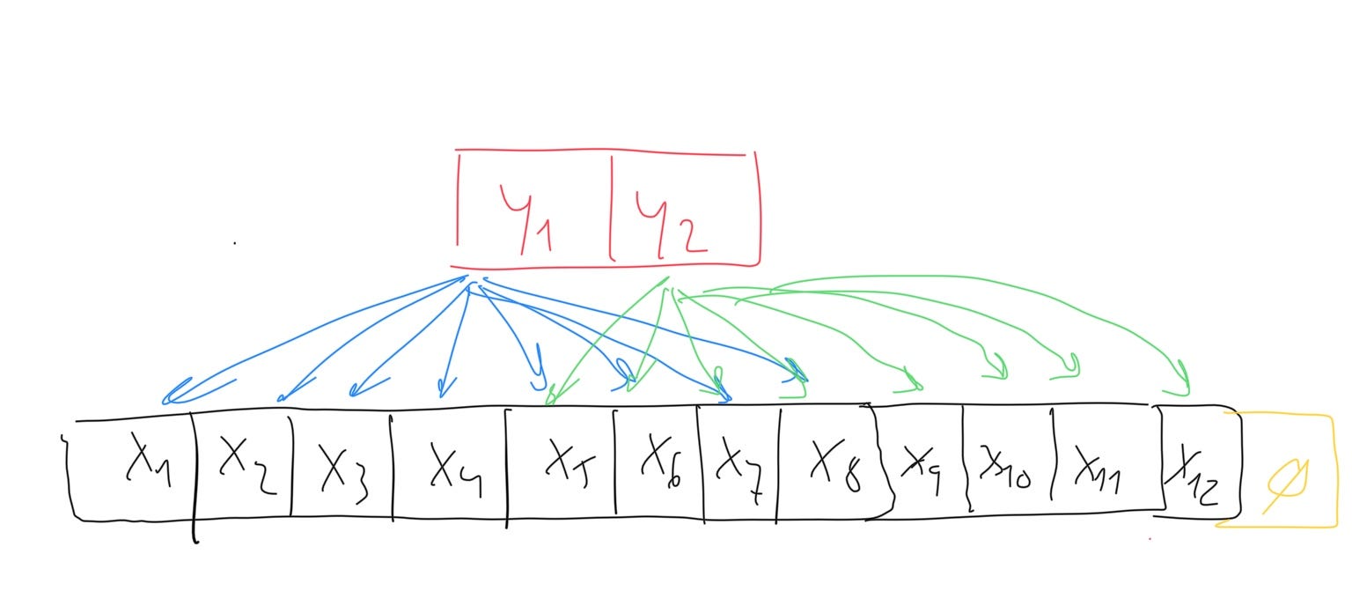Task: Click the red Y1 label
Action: [526, 218]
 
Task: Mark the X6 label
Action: [662, 462]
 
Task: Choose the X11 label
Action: [1098, 471]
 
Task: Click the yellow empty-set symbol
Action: [1287, 485]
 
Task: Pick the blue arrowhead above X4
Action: [445, 388]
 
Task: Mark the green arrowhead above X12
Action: [1179, 380]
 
